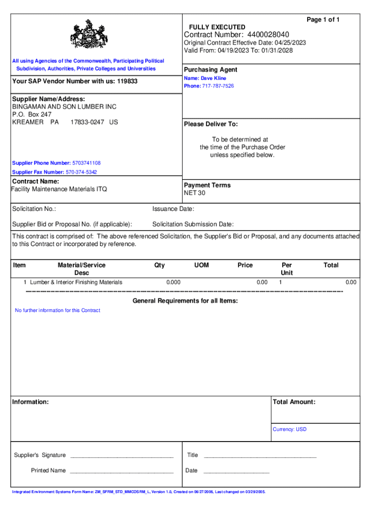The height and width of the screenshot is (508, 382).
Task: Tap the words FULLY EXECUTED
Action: [x=217, y=27]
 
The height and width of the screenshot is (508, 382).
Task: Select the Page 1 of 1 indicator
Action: [x=323, y=19]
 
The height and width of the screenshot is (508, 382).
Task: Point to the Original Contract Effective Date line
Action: [x=245, y=43]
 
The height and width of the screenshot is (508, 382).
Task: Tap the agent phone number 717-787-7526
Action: [x=218, y=86]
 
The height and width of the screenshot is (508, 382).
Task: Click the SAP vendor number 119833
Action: [x=127, y=81]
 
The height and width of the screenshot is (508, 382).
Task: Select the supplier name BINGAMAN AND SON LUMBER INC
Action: [x=64, y=107]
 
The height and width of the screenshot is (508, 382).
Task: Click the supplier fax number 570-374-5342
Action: [x=81, y=172]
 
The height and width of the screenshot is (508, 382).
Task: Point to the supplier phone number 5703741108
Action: [x=86, y=163]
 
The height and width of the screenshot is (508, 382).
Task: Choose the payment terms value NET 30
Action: [x=194, y=193]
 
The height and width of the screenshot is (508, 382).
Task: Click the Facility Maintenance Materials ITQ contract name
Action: [x=60, y=189]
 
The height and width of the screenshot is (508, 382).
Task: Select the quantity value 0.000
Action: [x=173, y=282]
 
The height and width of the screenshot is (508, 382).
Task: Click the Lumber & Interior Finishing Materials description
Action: [x=76, y=282]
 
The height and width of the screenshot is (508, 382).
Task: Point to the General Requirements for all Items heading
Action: [x=185, y=301]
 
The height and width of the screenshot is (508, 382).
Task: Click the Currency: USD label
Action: [x=289, y=429]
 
